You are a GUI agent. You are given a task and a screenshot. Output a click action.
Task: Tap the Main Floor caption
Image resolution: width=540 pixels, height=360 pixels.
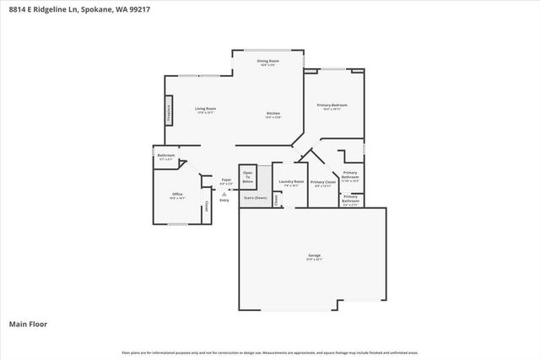click(x=28, y=324)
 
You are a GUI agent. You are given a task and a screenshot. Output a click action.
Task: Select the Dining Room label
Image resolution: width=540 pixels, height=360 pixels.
click(x=268, y=62)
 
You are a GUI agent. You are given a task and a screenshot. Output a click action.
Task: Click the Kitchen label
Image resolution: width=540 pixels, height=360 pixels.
click(x=273, y=114)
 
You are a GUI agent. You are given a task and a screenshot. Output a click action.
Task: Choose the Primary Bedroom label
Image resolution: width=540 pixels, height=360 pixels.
click(x=332, y=105)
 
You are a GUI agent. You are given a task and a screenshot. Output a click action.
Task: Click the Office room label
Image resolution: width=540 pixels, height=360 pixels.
click(x=177, y=195)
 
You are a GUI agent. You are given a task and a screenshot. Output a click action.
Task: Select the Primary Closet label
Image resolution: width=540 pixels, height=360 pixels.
click(x=323, y=182)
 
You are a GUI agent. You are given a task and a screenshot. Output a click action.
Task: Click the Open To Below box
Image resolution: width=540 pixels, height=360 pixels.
click(x=247, y=177)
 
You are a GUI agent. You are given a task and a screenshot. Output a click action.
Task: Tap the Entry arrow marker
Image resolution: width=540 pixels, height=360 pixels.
click(x=224, y=193)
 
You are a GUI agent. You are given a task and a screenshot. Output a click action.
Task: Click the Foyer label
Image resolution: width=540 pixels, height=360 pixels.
click(x=226, y=180)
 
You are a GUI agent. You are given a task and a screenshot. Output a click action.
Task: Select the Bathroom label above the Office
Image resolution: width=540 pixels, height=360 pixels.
click(x=165, y=155)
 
